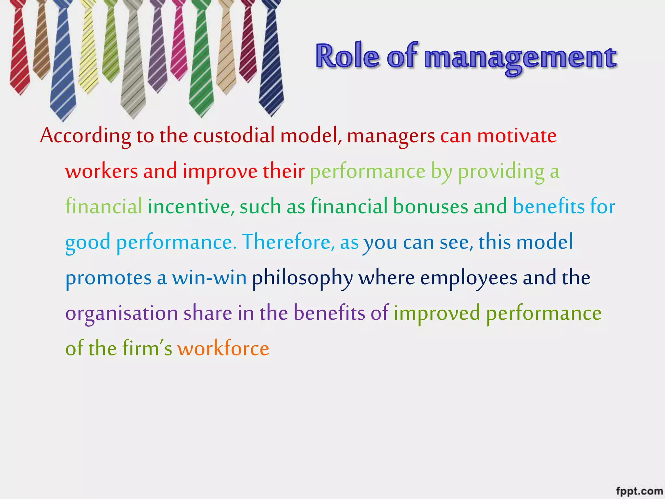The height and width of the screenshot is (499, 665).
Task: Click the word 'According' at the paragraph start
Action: tap(85, 136)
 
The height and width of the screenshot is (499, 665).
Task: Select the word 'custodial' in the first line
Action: tap(234, 135)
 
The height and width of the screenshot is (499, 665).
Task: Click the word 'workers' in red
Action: tap(101, 171)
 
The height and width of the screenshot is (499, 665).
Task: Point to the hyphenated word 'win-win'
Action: tap(209, 278)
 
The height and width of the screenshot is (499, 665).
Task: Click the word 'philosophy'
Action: tap(302, 278)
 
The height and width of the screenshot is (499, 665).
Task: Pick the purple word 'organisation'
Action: tap(121, 313)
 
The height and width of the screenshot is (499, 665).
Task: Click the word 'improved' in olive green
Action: tap(437, 313)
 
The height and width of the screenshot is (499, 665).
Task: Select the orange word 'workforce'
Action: tap(223, 349)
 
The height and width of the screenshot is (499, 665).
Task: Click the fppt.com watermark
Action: tap(639, 491)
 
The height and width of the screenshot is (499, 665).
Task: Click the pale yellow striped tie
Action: tap(88, 49)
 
